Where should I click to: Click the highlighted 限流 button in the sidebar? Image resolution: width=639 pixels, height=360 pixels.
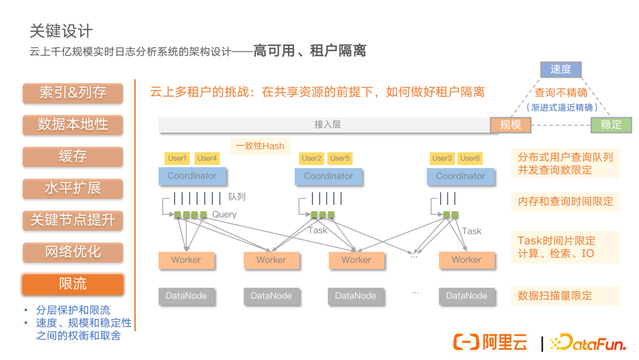pyautogui.click(x=73, y=284)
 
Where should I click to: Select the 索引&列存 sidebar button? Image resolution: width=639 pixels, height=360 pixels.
pyautogui.click(x=73, y=93)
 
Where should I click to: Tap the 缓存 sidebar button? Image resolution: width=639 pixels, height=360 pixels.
pyautogui.click(x=73, y=157)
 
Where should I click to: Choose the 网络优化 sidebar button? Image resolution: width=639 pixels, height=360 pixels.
pyautogui.click(x=73, y=252)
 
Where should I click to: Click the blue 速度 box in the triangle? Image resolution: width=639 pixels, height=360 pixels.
pyautogui.click(x=560, y=69)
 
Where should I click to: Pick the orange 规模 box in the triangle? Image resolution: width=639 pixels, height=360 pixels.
pyautogui.click(x=511, y=124)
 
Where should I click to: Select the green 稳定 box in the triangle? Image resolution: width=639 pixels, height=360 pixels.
pyautogui.click(x=611, y=124)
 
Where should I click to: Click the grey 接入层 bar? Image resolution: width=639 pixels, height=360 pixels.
pyautogui.click(x=327, y=125)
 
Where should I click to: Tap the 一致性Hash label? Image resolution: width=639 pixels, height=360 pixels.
pyautogui.click(x=260, y=145)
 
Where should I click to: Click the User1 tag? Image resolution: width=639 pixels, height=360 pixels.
pyautogui.click(x=177, y=158)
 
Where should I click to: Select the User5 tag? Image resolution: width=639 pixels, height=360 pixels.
pyautogui.click(x=340, y=158)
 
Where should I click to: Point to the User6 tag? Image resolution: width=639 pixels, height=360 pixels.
pyautogui.click(x=470, y=158)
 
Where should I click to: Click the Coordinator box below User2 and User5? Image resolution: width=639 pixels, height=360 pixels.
pyautogui.click(x=328, y=176)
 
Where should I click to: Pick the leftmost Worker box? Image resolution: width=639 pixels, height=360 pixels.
pyautogui.click(x=186, y=260)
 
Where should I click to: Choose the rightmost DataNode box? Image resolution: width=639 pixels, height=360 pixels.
pyautogui.click(x=466, y=296)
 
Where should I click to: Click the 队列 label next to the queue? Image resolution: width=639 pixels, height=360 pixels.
pyautogui.click(x=237, y=197)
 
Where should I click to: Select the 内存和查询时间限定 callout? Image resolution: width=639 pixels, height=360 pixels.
pyautogui.click(x=565, y=202)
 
